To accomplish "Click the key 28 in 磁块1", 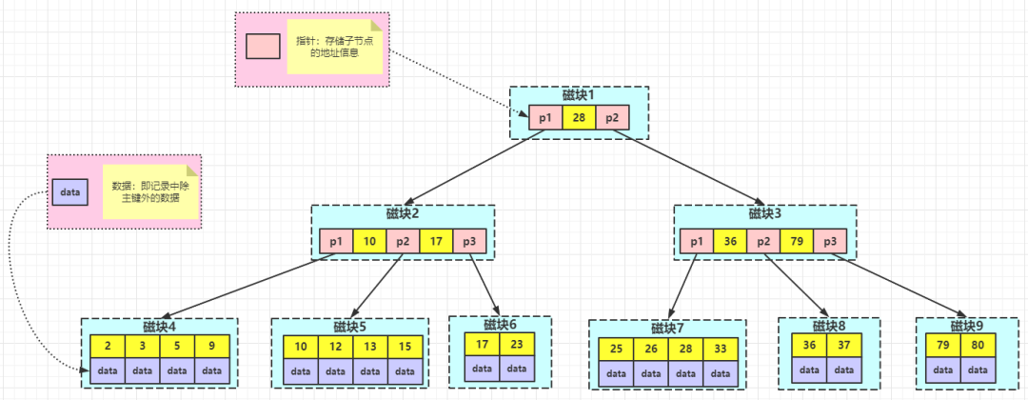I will click(579, 118).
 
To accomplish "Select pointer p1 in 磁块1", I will click(544, 118).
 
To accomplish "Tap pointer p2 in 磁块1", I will click(612, 118).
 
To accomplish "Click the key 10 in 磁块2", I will click(368, 242).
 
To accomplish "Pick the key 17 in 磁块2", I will click(435, 242).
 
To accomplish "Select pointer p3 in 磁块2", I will click(469, 242).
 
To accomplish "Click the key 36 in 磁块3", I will click(729, 242).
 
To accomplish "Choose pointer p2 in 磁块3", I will click(762, 242).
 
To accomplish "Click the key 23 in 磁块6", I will click(517, 344).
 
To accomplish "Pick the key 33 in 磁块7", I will click(721, 350).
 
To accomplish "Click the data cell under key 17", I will click(482, 368).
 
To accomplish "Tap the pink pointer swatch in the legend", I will click(263, 46).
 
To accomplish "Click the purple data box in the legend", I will click(70, 191).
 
